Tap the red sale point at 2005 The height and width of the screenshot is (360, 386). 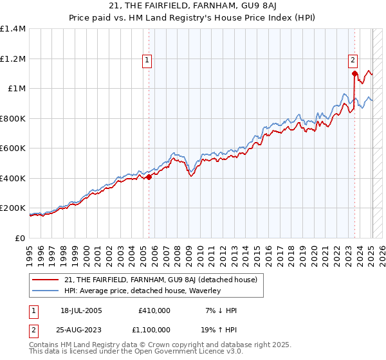click(149, 177)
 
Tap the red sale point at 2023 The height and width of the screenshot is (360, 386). click(354, 73)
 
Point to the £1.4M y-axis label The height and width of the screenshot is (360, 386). click(13, 29)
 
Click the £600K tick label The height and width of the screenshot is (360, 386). click(13, 148)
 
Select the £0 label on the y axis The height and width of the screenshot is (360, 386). click(21, 239)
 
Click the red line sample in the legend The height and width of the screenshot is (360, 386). click(46, 280)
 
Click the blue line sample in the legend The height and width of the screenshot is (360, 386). click(46, 291)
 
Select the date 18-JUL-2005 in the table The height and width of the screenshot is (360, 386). click(81, 310)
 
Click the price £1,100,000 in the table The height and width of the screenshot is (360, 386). click(152, 331)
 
